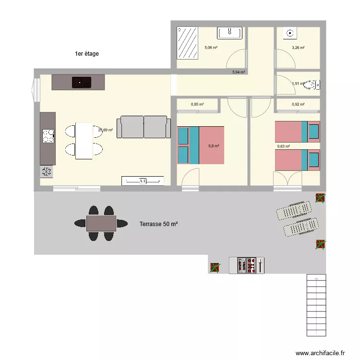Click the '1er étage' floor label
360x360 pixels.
coord(86,54)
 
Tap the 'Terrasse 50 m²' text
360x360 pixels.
coord(158,224)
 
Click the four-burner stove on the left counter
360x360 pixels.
coord(48,136)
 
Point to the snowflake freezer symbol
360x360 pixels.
coord(47,172)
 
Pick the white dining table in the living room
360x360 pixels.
coord(84,141)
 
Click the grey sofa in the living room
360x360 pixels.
coord(144,127)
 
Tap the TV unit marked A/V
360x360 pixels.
coord(143,181)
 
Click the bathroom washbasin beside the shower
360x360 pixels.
coord(229,33)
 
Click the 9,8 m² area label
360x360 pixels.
coord(214,146)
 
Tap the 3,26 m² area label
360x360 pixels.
coord(298,48)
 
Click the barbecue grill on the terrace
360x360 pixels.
coord(246,265)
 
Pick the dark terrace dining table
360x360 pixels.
coord(101,223)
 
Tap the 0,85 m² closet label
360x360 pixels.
coord(197,104)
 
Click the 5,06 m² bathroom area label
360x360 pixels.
coord(211,48)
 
